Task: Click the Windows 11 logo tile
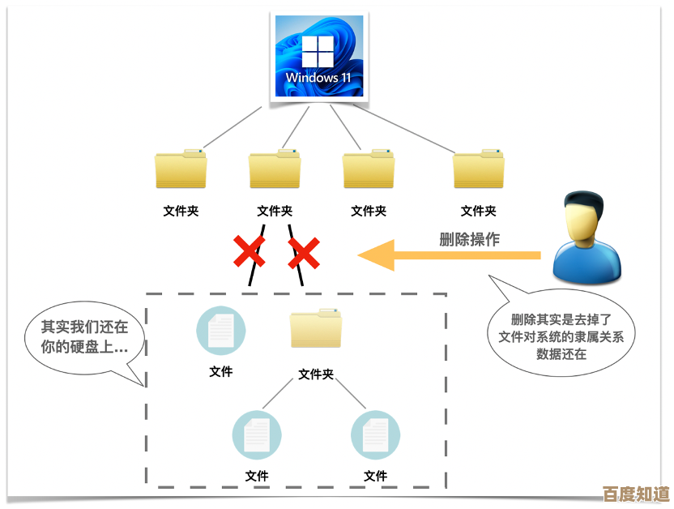point(318,57)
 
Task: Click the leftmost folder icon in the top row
point(181,169)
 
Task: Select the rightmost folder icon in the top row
point(479,169)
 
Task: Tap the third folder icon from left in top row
point(369,169)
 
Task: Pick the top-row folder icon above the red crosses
point(275,169)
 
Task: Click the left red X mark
point(250,253)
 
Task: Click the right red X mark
point(305,254)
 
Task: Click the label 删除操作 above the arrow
point(469,239)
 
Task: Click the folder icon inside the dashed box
point(316,329)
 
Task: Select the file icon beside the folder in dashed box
point(221,331)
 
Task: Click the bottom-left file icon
point(257,435)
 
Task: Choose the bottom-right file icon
point(375,435)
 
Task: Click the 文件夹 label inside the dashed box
point(316,374)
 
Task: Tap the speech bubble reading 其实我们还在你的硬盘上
point(84,338)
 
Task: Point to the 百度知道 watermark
point(636,493)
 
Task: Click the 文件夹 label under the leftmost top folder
point(181,211)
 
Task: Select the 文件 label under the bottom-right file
point(375,476)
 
